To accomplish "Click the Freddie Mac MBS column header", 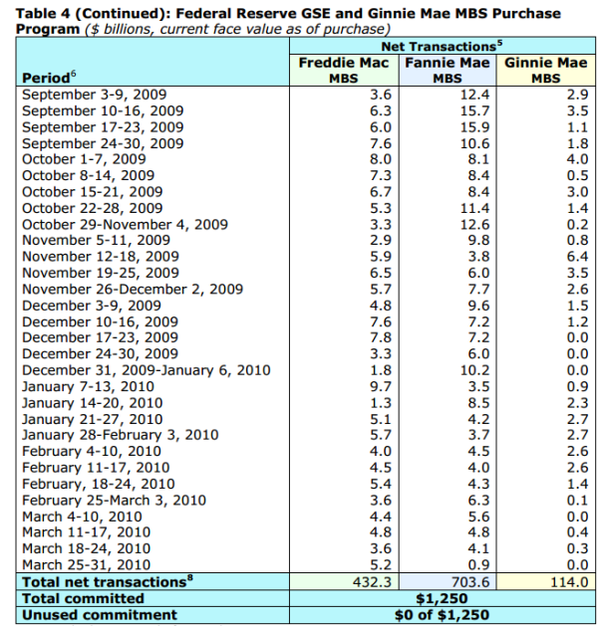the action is (x=344, y=71).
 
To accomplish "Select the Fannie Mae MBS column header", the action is (x=448, y=71).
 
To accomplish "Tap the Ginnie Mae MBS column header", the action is (x=545, y=71).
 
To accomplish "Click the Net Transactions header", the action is (x=442, y=47).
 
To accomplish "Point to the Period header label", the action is (x=49, y=77).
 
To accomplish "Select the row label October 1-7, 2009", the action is (x=84, y=159).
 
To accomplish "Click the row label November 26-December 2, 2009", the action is (x=133, y=289).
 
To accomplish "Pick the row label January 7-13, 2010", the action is (x=88, y=386).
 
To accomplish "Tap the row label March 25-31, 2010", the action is (x=86, y=564).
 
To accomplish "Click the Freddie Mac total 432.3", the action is (x=372, y=581).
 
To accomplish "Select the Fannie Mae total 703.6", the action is (x=469, y=581).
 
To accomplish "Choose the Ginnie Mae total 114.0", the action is (x=569, y=581).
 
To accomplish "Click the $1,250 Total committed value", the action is (x=442, y=598).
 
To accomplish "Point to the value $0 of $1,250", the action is (x=442, y=615).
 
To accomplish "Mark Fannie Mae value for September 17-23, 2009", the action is (x=474, y=127).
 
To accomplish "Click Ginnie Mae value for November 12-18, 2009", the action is (x=577, y=257).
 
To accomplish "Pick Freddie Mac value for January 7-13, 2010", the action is (x=381, y=386).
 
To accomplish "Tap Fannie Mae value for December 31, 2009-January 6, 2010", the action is (x=474, y=370).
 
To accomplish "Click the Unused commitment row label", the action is (x=99, y=615).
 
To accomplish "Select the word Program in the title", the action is (x=48, y=29).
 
